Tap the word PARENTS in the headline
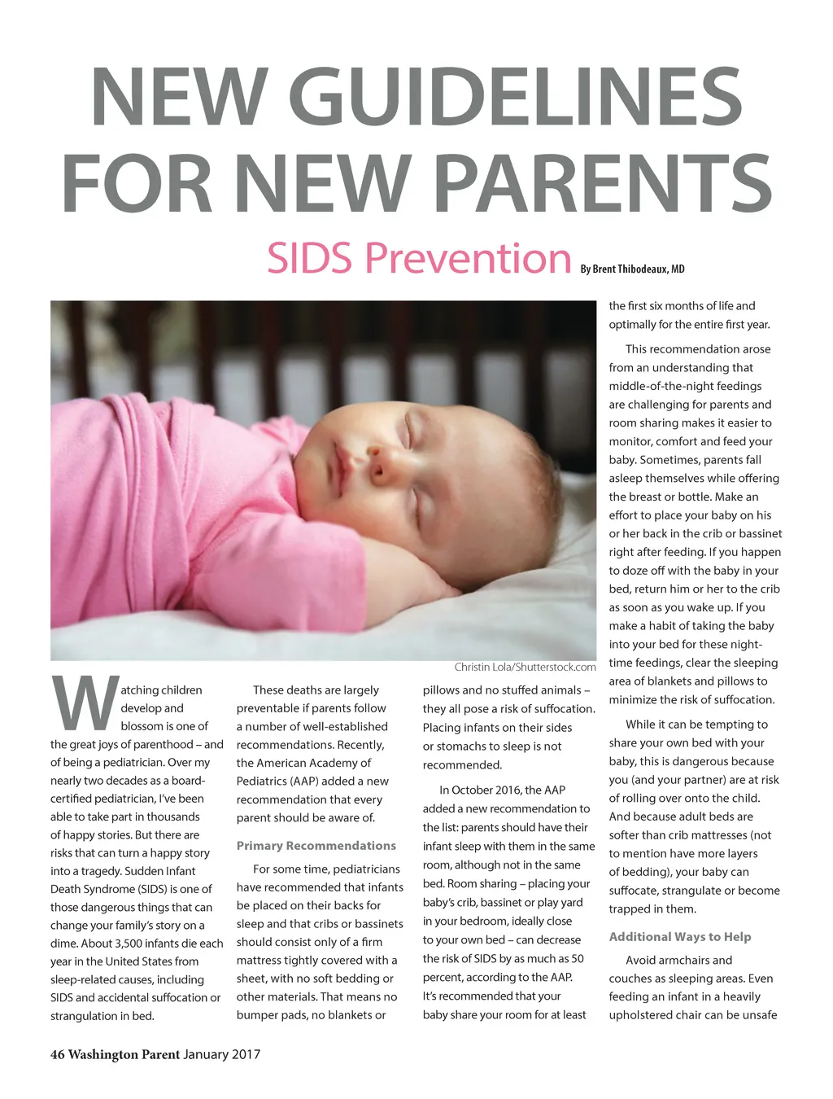click(603, 183)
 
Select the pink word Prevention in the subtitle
click(468, 258)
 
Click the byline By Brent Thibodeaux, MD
click(632, 269)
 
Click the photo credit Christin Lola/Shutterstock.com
click(525, 668)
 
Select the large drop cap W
click(84, 703)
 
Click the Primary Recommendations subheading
click(316, 846)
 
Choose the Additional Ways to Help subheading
click(679, 937)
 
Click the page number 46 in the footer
click(57, 1055)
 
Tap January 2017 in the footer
click(221, 1055)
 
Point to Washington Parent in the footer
click(124, 1055)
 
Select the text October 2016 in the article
click(486, 790)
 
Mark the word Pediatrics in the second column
click(264, 782)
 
